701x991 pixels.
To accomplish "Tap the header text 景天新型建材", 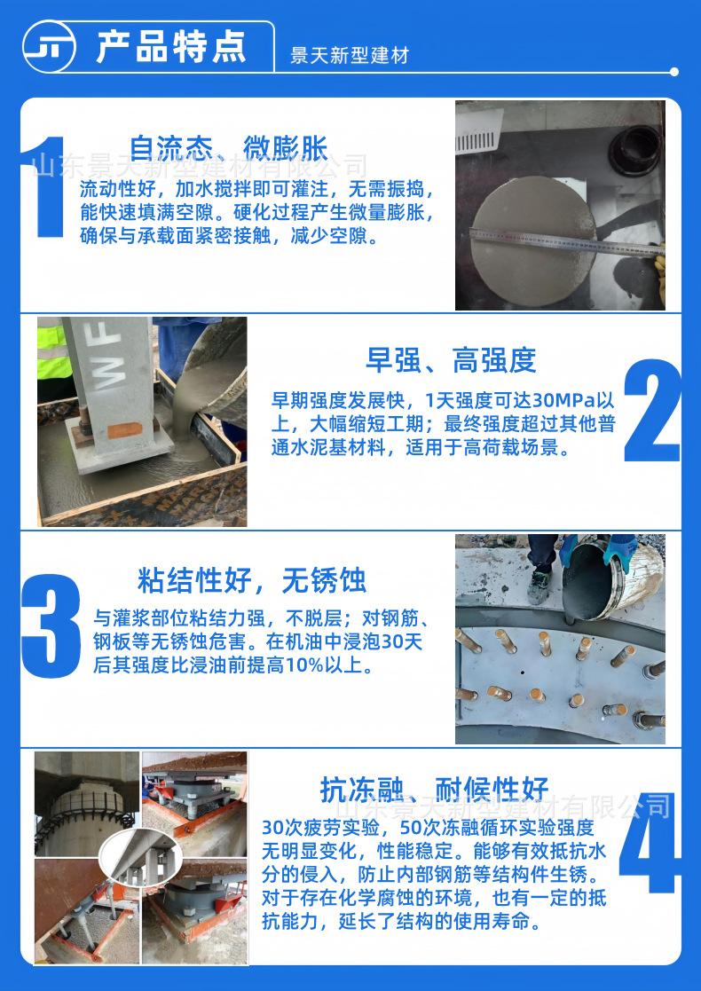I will (350, 56).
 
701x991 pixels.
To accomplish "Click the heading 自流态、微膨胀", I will (229, 146).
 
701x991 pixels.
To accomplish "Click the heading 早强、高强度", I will (451, 360).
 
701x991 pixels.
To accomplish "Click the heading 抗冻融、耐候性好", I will (434, 788).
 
